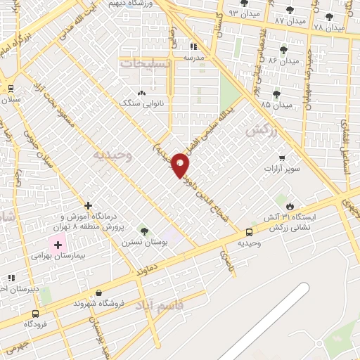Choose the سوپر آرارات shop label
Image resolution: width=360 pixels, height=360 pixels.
click(282, 169)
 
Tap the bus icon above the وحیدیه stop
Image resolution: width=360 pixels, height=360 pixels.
click(250, 233)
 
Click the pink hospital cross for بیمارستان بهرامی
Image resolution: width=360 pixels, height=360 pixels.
click(57, 245)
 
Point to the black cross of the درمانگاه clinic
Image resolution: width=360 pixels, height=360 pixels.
click(88, 206)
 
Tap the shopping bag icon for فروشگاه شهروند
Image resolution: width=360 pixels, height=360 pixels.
click(98, 293)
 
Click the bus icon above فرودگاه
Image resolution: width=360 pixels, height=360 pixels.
click(35, 314)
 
